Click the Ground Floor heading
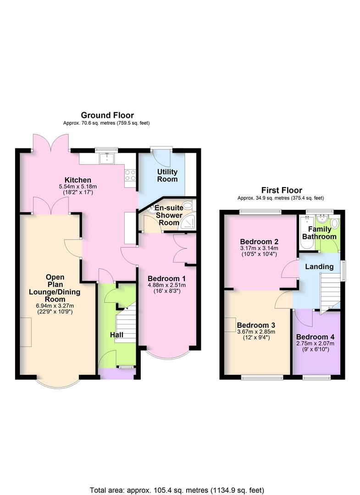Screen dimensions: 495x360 coord(107,115)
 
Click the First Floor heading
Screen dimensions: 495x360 coord(282,190)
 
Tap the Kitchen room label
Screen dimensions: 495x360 coord(78,180)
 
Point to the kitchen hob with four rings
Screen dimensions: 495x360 coord(130,176)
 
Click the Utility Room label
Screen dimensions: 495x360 coord(167,176)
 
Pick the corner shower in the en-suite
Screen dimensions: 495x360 coord(188,222)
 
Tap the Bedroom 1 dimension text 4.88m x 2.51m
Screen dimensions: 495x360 coord(167,285)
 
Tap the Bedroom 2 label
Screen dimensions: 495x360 coord(259,242)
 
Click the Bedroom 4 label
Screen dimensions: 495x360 coord(315,337)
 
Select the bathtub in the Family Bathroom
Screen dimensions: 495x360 coord(306,233)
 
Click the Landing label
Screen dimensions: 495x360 coord(320,267)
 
